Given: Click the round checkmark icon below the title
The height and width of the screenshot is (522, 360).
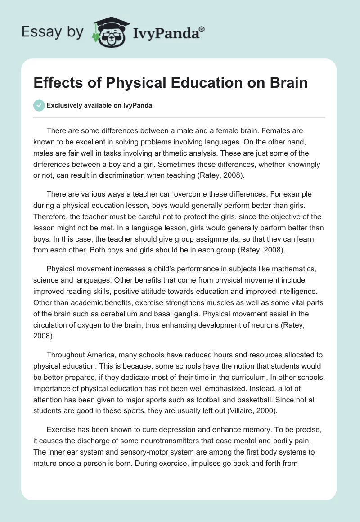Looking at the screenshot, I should [39, 105].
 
